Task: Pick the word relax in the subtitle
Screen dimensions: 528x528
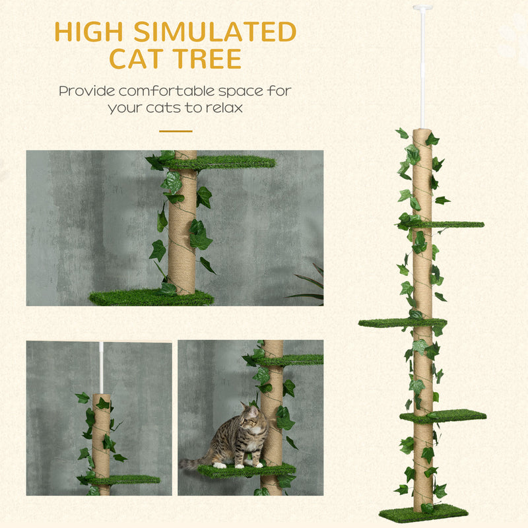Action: pos(224,107)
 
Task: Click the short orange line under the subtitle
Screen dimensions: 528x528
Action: pos(176,131)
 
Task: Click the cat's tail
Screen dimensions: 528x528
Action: pos(193,463)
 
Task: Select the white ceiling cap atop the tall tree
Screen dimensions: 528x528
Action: pos(422,8)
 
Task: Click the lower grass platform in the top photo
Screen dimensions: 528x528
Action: pos(151,298)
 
